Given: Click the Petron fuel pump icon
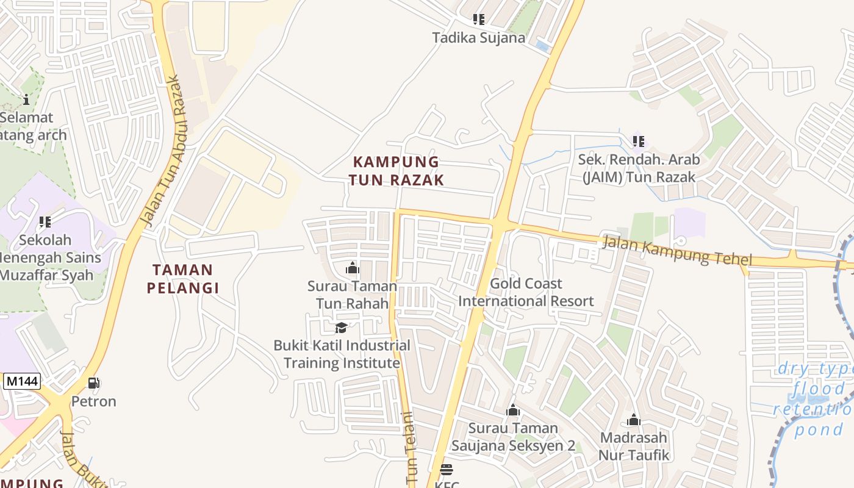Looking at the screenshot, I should click(x=94, y=383).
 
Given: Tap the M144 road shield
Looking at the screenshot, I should click(x=22, y=382).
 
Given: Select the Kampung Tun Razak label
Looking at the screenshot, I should click(x=396, y=171).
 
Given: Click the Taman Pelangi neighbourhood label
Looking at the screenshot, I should click(x=182, y=279).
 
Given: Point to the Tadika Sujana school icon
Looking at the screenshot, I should click(x=479, y=20).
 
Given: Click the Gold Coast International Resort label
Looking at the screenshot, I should click(x=526, y=292).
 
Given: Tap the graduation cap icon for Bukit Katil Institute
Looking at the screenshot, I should click(x=341, y=328).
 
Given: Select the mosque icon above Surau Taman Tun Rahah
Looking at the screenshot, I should click(x=352, y=268).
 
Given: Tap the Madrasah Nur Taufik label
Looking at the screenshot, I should click(x=634, y=447).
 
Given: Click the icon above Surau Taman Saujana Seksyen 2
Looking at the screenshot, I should click(x=513, y=410).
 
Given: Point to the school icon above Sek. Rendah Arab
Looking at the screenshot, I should click(x=638, y=142).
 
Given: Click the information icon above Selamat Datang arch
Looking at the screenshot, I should click(x=26, y=99).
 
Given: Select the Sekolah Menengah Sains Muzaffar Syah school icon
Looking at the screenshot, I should click(x=45, y=222).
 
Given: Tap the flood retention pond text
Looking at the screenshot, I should click(x=814, y=400).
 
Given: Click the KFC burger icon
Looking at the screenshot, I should click(x=447, y=470).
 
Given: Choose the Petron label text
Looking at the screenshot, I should click(x=93, y=401).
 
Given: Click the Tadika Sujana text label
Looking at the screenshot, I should click(x=478, y=38).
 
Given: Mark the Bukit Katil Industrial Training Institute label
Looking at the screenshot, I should click(x=342, y=354).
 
